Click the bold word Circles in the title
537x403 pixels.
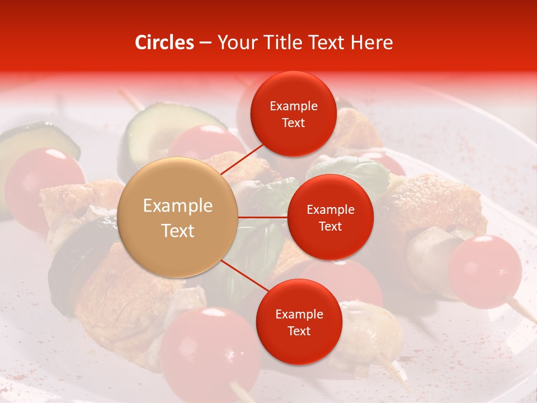point(164,43)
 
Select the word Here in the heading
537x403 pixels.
point(371,43)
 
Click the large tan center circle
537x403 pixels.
point(178,217)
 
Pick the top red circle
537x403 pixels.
point(294,114)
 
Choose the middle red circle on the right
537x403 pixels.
point(330,217)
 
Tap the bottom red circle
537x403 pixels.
point(299,322)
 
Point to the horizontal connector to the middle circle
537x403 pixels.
point(263,217)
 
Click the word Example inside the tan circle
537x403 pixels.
point(178,205)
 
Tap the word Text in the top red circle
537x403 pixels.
point(294,123)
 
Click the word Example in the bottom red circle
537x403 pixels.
point(299,314)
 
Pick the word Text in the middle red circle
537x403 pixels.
point(330,226)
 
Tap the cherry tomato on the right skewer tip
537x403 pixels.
point(484,271)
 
